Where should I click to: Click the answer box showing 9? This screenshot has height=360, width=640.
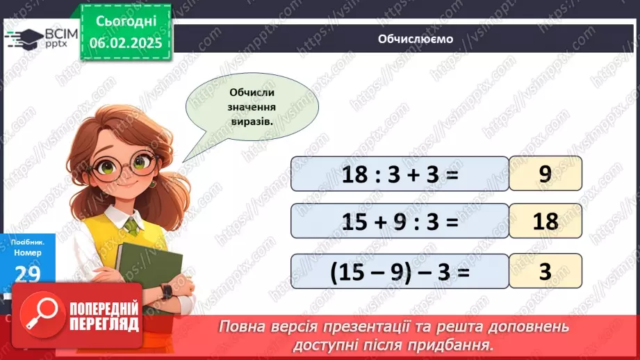tap(545, 174)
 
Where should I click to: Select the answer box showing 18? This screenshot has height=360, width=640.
tap(545, 221)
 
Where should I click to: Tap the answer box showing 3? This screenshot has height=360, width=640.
tap(545, 271)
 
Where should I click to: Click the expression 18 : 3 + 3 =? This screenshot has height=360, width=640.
tap(400, 174)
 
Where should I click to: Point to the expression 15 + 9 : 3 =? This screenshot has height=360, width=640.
tap(400, 221)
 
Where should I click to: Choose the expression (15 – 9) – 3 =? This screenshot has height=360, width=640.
tap(400, 271)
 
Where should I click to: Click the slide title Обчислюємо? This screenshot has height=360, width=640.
tap(415, 39)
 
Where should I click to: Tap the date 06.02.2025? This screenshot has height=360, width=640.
tap(125, 42)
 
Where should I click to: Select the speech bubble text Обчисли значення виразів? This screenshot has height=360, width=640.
tap(251, 106)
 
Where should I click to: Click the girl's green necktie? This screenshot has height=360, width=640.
tap(131, 226)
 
